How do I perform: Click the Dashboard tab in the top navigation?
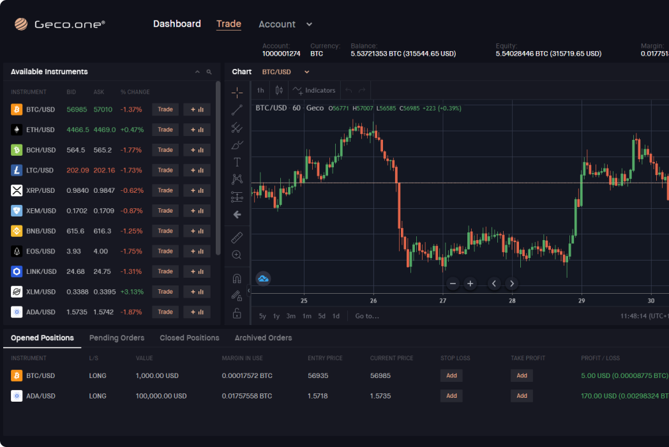177,24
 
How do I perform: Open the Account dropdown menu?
285,24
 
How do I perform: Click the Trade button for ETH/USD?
165,130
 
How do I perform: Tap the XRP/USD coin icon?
17,190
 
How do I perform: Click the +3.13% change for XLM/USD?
132,292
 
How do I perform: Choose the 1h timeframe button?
260,91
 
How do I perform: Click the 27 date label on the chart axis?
443,300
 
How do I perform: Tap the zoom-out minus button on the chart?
453,284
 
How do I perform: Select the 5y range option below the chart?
262,316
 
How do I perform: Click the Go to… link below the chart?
367,316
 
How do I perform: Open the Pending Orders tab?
117,338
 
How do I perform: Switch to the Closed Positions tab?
190,338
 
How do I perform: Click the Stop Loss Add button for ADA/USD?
451,396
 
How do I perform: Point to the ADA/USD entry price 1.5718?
317,396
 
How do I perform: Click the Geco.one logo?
60,24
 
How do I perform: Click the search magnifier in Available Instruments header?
209,72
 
